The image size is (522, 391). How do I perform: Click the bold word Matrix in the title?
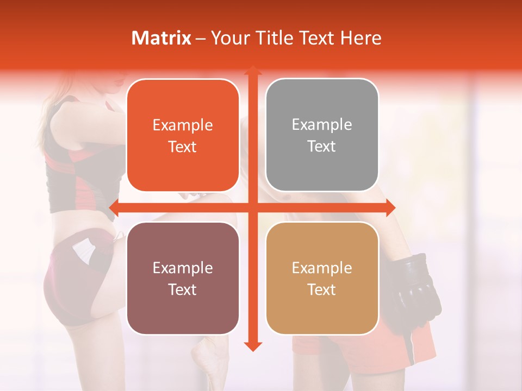pyautogui.click(x=161, y=38)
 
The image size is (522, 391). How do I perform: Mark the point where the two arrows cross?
pyautogui.click(x=252, y=207)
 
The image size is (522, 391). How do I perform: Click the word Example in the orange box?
pyautogui.click(x=183, y=125)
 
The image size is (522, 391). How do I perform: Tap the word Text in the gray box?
pyautogui.click(x=322, y=147)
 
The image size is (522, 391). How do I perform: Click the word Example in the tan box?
pyautogui.click(x=322, y=268)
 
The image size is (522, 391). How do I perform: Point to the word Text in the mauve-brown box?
pyautogui.click(x=183, y=289)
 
